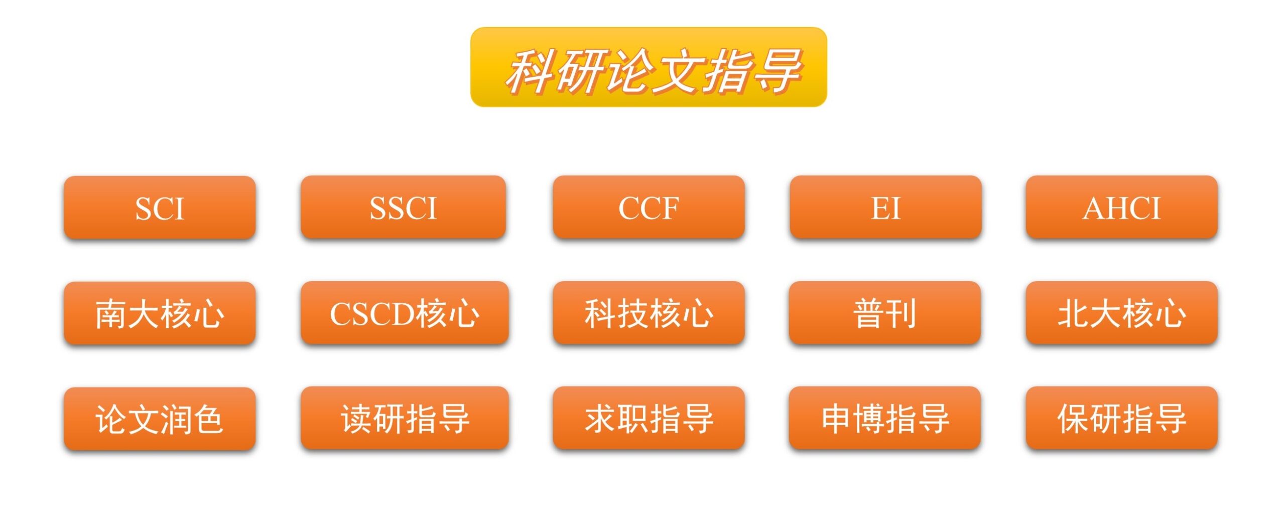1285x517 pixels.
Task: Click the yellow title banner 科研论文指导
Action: tap(648, 67)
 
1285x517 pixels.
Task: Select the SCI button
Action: tap(160, 207)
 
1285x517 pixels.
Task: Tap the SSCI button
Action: tap(403, 207)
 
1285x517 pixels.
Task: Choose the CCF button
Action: tap(648, 207)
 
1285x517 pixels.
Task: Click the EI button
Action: tap(885, 207)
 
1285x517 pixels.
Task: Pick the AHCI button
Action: tap(1121, 207)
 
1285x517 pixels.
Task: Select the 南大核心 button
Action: tap(160, 313)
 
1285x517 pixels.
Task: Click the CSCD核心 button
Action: tap(405, 313)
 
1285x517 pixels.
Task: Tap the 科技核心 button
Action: tap(648, 313)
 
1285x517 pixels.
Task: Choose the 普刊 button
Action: tap(884, 313)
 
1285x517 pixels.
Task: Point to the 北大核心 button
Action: tap(1121, 313)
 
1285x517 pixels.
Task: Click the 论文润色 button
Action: tap(160, 419)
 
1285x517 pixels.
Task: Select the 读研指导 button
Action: tap(405, 419)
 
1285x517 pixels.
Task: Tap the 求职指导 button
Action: tap(648, 419)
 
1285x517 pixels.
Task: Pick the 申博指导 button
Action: tap(884, 419)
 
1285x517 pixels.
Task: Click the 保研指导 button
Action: tap(1121, 419)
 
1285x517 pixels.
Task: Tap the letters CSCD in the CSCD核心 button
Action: tap(371, 314)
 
